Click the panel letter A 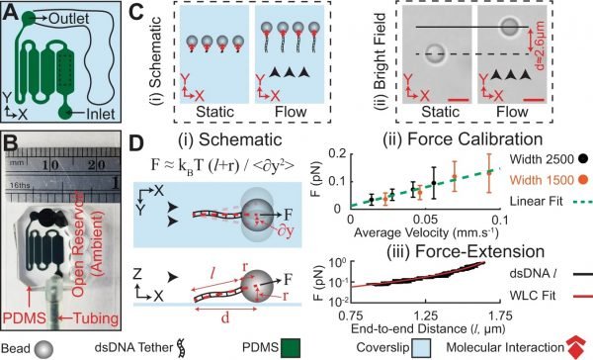pyautogui.click(x=12, y=10)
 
